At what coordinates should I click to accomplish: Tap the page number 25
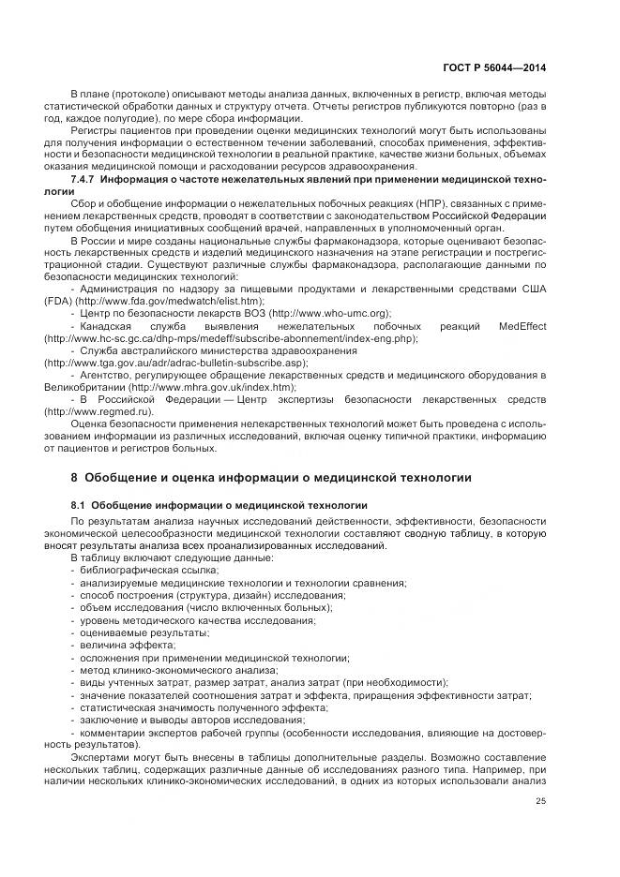click(540, 800)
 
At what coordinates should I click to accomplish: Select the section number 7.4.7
click(86, 178)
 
